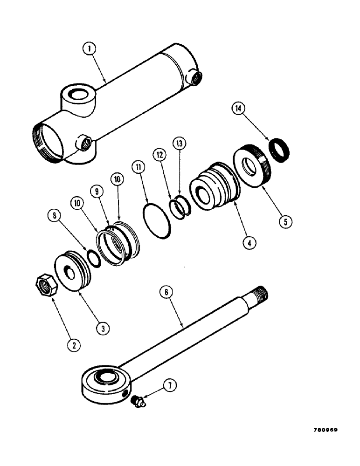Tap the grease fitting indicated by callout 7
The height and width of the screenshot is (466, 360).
point(138,402)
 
